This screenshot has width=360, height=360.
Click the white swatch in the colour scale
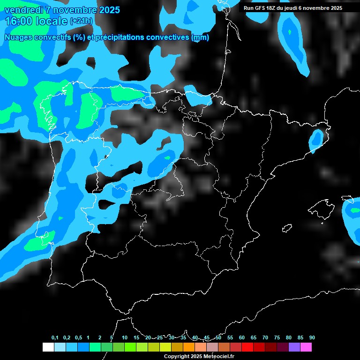coord(48,347)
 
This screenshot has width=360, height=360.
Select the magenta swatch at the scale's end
coord(306,347)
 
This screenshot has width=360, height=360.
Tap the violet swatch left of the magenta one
coord(294,347)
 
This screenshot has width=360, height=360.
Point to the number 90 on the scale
coord(312,337)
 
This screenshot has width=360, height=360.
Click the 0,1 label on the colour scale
coord(55,337)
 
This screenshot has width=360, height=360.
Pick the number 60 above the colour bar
coord(242,337)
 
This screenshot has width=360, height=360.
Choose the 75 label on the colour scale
coord(277,337)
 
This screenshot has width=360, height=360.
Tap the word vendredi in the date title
coord(24,10)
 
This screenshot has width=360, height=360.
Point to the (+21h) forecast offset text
coord(81,21)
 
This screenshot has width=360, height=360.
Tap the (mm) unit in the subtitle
coord(200,37)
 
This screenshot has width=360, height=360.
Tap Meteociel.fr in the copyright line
coord(219,356)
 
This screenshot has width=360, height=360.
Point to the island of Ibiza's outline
coord(287,228)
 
